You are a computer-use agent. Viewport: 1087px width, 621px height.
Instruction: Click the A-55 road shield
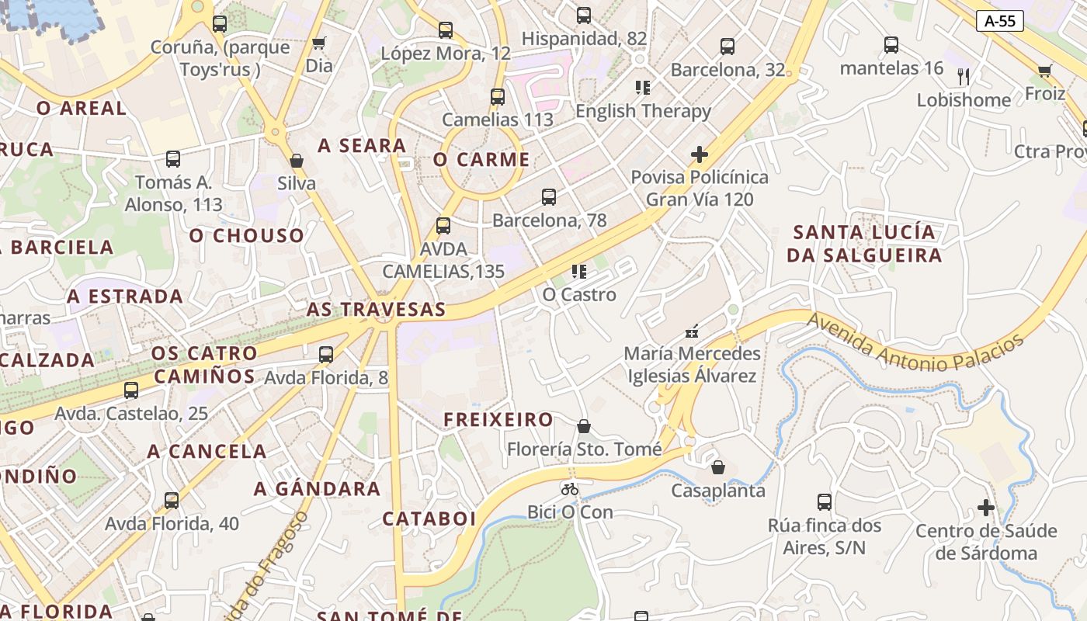pyautogui.click(x=999, y=21)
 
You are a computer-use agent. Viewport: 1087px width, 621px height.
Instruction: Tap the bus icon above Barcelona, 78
pyautogui.click(x=549, y=197)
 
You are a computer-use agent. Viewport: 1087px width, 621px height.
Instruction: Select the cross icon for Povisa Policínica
pyautogui.click(x=699, y=154)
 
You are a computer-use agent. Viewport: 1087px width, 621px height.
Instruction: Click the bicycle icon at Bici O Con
pyautogui.click(x=570, y=489)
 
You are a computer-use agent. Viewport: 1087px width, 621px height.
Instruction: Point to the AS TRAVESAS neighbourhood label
pyautogui.click(x=376, y=310)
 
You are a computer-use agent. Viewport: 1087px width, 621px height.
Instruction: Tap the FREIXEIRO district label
pyautogui.click(x=498, y=420)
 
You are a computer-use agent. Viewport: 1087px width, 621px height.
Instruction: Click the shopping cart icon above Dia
pyautogui.click(x=318, y=43)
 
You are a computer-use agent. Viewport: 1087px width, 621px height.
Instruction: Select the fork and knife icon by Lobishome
pyautogui.click(x=964, y=76)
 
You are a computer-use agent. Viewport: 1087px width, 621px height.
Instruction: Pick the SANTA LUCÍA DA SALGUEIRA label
pyautogui.click(x=863, y=244)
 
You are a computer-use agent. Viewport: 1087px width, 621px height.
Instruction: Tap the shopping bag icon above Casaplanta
pyautogui.click(x=718, y=467)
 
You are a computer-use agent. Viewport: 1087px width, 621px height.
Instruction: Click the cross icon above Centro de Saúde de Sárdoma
pyautogui.click(x=986, y=508)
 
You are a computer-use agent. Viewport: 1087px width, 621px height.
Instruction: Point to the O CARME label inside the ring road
pyautogui.click(x=481, y=160)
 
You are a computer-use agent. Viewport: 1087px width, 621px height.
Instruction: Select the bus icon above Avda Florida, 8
pyautogui.click(x=326, y=355)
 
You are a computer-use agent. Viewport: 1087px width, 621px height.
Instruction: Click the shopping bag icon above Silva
pyautogui.click(x=296, y=161)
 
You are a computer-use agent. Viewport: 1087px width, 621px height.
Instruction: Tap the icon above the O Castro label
pyautogui.click(x=578, y=272)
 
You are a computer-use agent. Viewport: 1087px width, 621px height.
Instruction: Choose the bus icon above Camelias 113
pyautogui.click(x=498, y=97)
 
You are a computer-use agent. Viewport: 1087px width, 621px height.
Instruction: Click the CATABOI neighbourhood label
pyautogui.click(x=429, y=519)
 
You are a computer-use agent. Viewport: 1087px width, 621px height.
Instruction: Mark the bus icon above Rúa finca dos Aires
pyautogui.click(x=825, y=502)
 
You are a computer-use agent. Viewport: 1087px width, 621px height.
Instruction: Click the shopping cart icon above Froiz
pyautogui.click(x=1045, y=71)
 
